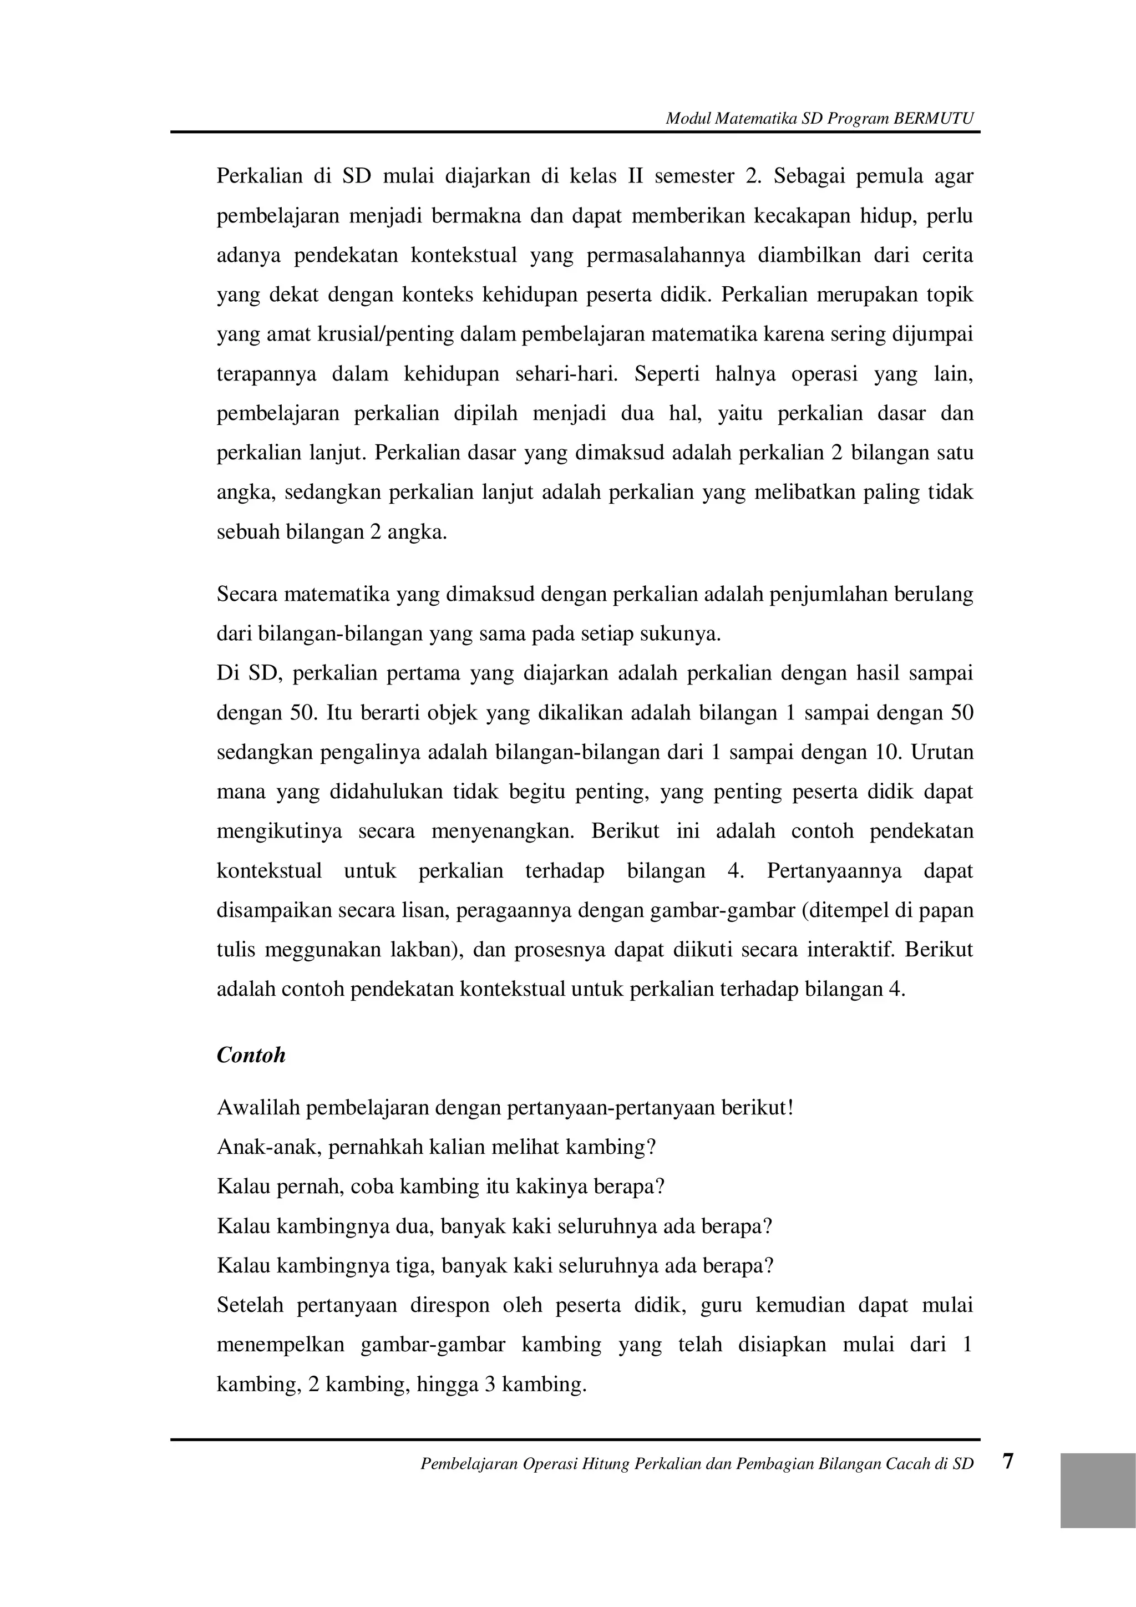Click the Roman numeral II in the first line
click(x=635, y=176)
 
